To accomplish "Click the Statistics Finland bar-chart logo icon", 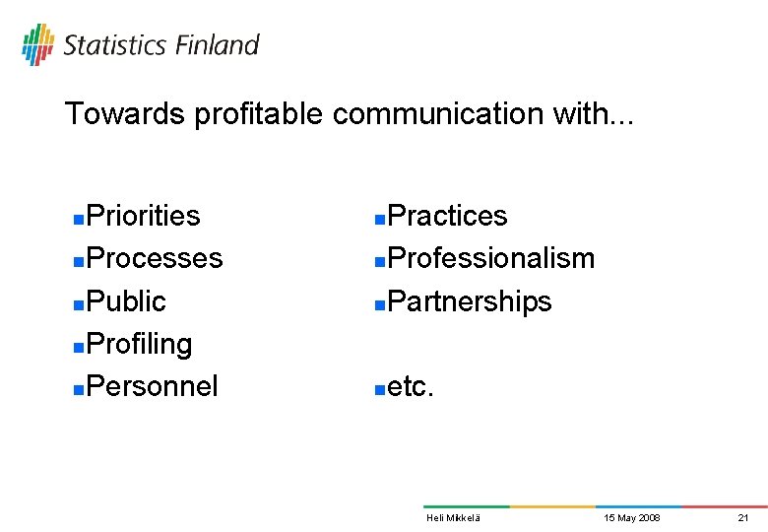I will click(x=38, y=43).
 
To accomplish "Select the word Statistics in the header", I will click(x=114, y=45).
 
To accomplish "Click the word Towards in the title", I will click(x=125, y=114).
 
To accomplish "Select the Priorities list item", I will click(x=143, y=216).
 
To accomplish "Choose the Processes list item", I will click(x=155, y=258).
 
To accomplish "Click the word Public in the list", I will click(x=126, y=301).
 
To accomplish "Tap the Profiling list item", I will click(x=139, y=344).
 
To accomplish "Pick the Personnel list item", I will click(x=152, y=386).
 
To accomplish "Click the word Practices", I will click(x=447, y=216).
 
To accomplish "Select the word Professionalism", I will click(x=491, y=258).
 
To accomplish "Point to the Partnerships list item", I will click(x=470, y=301).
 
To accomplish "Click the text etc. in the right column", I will click(x=411, y=387).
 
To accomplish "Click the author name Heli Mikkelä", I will click(x=453, y=518).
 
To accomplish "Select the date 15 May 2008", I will click(x=632, y=518).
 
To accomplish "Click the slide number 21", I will click(x=743, y=518).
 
